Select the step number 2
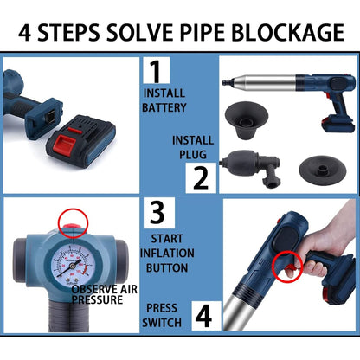200,178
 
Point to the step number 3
157,212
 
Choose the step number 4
203,315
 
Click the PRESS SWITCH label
164,315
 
